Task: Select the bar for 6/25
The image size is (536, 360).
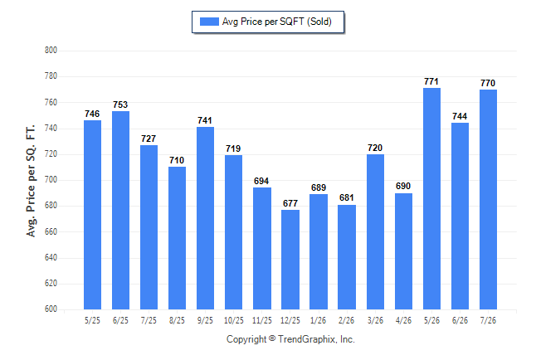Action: point(120,210)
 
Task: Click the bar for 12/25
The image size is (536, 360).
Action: point(290,260)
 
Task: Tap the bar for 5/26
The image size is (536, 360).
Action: point(431,198)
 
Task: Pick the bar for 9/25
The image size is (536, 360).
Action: point(205,218)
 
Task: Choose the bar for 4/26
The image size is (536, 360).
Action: point(403,251)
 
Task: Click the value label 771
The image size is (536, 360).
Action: point(431,81)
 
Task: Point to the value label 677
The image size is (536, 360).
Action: point(290,203)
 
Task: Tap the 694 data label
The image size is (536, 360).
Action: point(261,181)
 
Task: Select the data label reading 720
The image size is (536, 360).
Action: point(375,148)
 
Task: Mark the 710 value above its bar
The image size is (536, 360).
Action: point(177,160)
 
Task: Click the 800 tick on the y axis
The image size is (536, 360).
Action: point(51,51)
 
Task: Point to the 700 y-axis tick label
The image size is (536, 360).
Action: point(51,179)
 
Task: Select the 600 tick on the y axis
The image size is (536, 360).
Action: point(51,309)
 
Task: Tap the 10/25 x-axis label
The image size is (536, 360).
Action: point(234,320)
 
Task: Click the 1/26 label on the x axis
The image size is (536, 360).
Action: point(319,320)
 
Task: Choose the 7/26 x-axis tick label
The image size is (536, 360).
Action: point(488,320)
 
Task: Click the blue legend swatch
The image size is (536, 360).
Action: point(209,22)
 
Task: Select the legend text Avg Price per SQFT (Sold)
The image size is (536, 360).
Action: point(277,22)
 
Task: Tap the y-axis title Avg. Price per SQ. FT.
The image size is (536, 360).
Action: point(31,181)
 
